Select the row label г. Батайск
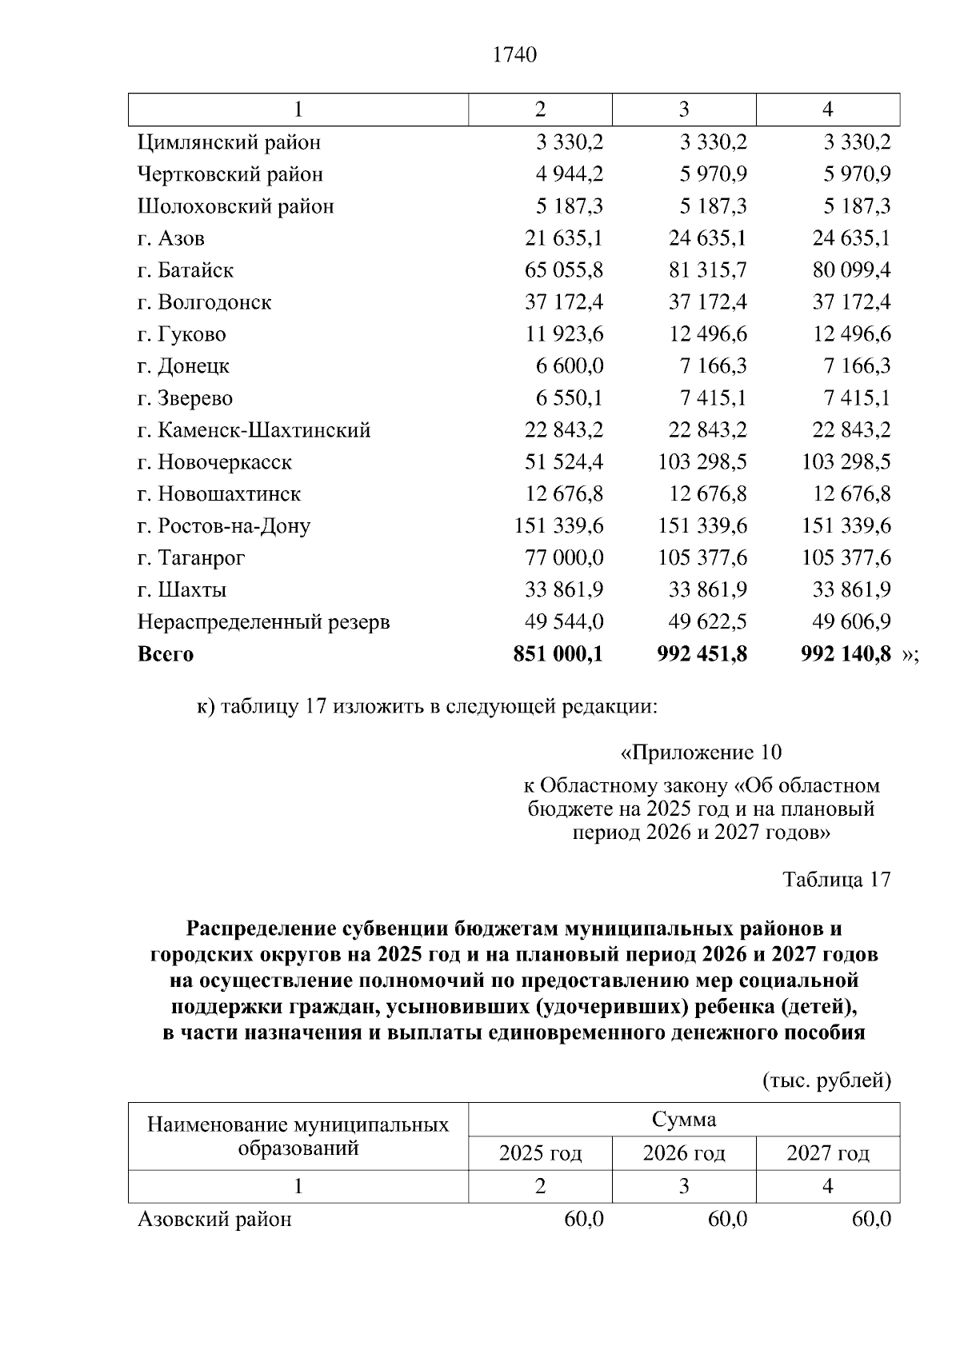point(186,270)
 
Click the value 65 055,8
point(563,270)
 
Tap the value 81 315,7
point(707,270)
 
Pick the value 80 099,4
point(851,270)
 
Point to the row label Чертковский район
point(230,174)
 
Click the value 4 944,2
point(570,174)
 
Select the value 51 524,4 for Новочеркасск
point(563,462)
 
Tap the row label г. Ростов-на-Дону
point(224,526)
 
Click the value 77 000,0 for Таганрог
point(563,558)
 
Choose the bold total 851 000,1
point(558,654)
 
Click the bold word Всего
point(166,654)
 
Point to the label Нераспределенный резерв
point(264,622)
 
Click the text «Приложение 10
point(701,753)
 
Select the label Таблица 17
point(836,880)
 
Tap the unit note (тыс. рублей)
point(826,1081)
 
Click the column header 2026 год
point(684,1153)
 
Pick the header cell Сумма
point(684,1120)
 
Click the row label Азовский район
point(214,1220)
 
